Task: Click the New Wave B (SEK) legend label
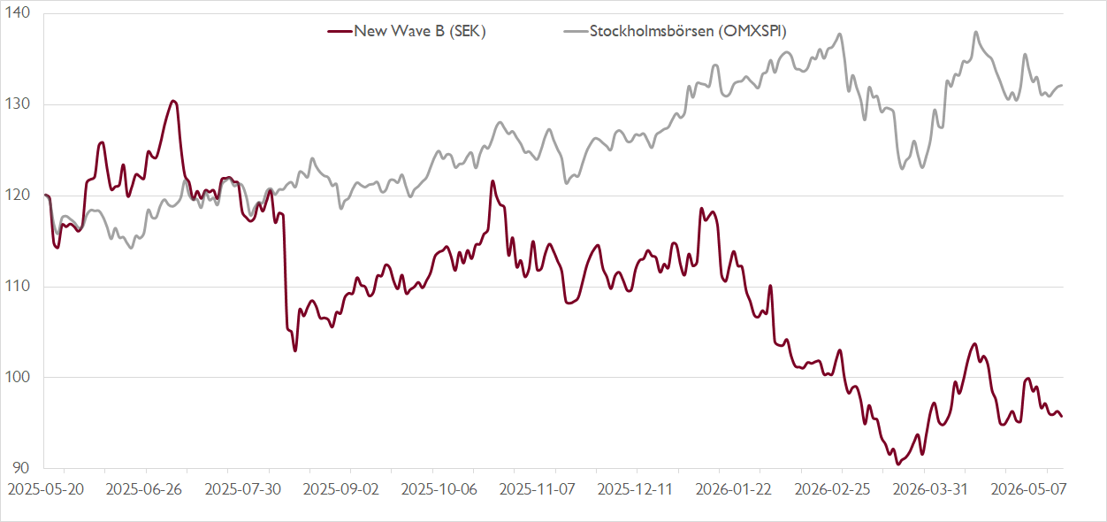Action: (x=420, y=31)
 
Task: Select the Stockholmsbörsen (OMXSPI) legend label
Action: (x=688, y=31)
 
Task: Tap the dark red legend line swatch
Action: (x=340, y=32)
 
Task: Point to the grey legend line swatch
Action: (x=576, y=32)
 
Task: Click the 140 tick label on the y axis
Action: (x=17, y=13)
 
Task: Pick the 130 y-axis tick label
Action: (x=17, y=104)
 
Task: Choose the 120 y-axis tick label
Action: (x=17, y=195)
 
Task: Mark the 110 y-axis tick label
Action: (x=17, y=286)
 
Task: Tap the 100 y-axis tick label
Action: (x=17, y=377)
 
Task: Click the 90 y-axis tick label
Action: (x=20, y=468)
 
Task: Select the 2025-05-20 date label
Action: (x=46, y=489)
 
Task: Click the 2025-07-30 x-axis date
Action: (x=242, y=489)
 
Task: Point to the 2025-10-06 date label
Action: (x=439, y=489)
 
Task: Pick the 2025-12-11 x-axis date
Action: (x=635, y=489)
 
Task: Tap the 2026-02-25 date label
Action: (x=832, y=489)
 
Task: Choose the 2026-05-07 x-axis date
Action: (x=1029, y=489)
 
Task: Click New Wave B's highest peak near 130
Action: (x=173, y=101)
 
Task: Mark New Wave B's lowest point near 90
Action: (x=898, y=464)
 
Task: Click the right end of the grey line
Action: (x=1062, y=86)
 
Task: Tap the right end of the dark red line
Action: (x=1062, y=417)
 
